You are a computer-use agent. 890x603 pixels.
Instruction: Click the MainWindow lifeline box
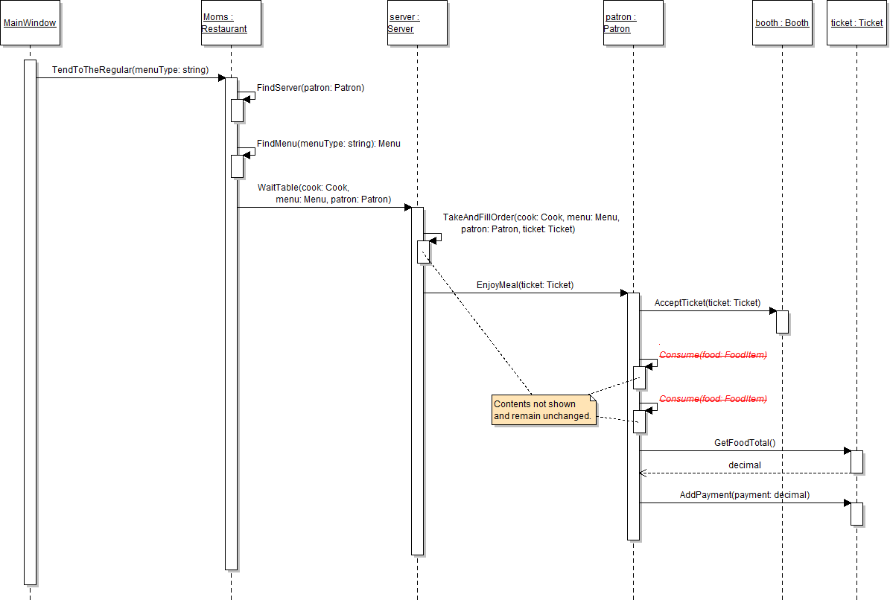tap(30, 23)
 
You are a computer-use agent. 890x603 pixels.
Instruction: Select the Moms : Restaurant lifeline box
tap(231, 23)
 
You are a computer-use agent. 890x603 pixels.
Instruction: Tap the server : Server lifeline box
tap(417, 23)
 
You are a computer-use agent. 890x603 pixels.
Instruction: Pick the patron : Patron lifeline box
tap(632, 23)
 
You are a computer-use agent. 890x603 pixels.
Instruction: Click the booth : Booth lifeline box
tap(782, 23)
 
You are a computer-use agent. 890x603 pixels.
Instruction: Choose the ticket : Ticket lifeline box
tap(856, 23)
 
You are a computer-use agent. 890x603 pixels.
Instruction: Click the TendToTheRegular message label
tap(130, 70)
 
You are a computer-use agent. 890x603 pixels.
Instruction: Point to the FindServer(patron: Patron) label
tap(311, 88)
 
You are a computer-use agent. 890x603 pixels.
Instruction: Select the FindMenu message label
tap(328, 144)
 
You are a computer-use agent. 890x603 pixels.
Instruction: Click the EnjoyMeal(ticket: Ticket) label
tap(525, 285)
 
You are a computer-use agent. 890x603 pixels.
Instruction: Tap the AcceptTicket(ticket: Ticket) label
tap(708, 303)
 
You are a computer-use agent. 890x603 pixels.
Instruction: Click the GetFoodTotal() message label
tap(745, 443)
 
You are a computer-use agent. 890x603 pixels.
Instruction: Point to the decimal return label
tap(745, 465)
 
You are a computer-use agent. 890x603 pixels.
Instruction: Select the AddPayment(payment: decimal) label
tap(745, 495)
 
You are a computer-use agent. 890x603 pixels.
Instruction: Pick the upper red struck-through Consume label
tap(713, 355)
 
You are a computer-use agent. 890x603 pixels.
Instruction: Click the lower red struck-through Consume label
tap(713, 399)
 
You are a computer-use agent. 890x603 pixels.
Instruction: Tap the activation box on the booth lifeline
tap(782, 322)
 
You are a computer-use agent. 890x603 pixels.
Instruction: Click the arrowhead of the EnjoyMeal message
tap(623, 293)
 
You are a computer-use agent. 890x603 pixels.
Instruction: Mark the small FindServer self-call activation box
tap(237, 109)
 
